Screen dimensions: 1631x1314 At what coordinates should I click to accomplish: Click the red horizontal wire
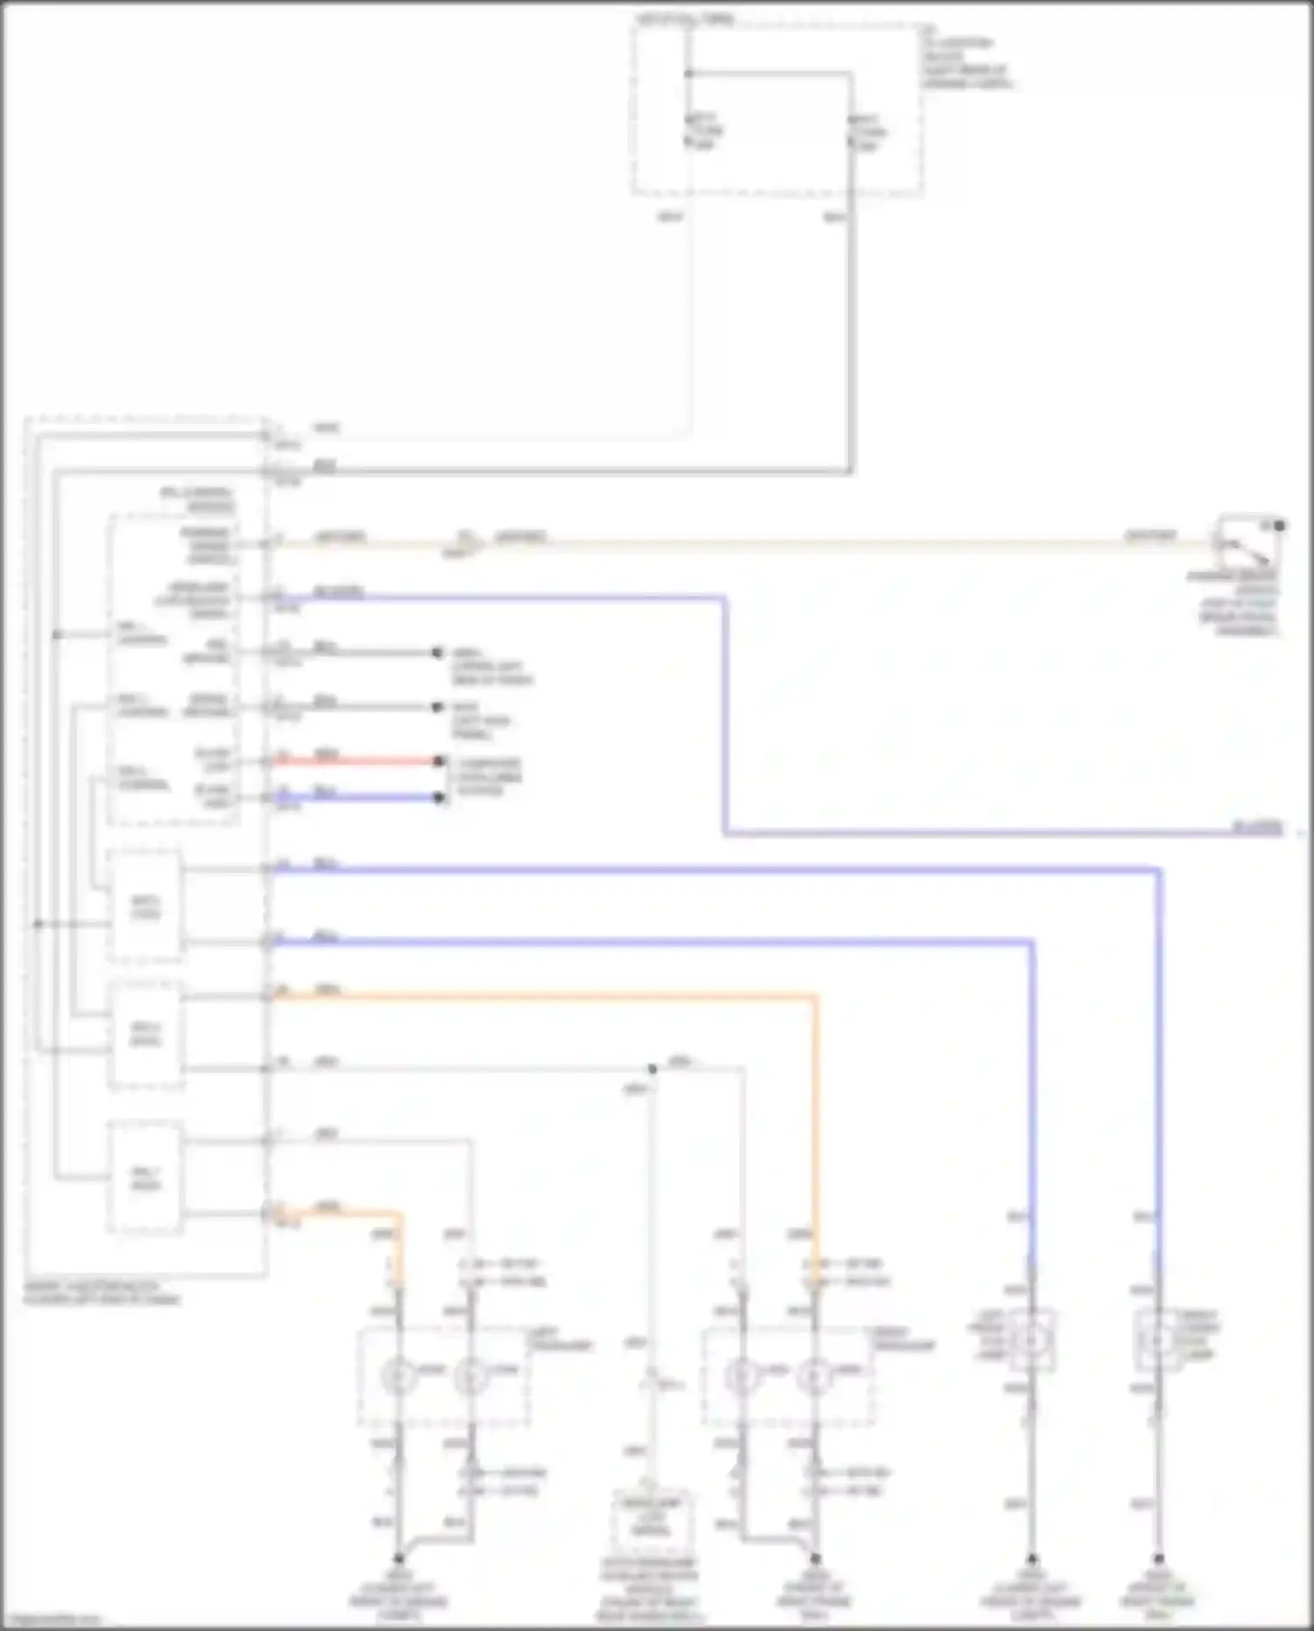click(x=355, y=761)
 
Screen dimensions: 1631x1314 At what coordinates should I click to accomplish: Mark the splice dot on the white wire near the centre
click(x=652, y=1069)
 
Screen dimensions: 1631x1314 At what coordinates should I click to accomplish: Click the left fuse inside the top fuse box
click(x=689, y=131)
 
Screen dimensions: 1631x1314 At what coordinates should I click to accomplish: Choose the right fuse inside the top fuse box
click(x=851, y=131)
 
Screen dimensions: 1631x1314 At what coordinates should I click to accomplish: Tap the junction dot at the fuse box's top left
click(x=689, y=74)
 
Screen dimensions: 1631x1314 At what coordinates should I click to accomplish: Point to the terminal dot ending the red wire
click(x=439, y=761)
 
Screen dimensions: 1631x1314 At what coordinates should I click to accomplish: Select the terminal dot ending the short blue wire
click(x=439, y=798)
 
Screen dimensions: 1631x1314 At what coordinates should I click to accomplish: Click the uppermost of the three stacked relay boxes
click(x=145, y=905)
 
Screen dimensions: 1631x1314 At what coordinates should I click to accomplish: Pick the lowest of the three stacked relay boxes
click(x=145, y=1177)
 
